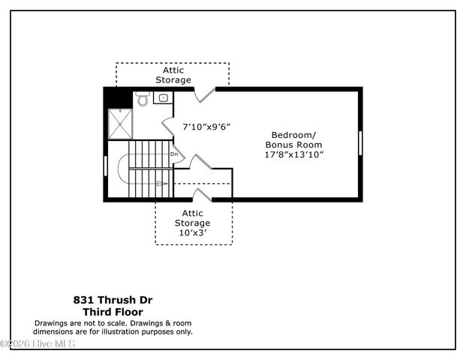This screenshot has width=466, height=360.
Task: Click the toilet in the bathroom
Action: coord(143,100)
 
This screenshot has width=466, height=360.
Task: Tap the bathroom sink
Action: coord(163,97)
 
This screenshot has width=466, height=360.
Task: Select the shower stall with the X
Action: coord(120,124)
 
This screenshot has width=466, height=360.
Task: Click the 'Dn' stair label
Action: coord(174,154)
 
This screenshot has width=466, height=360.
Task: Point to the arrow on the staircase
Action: coord(160,181)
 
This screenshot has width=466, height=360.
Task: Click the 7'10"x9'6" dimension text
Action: coord(206,127)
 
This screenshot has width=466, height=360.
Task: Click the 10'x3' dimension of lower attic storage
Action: coord(193,233)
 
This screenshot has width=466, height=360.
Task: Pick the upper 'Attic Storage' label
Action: coord(173,74)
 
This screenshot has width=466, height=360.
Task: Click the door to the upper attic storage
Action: coord(205,94)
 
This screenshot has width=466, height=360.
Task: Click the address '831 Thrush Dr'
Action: coord(113,298)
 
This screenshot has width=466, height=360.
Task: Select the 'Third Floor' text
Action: coord(113,311)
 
